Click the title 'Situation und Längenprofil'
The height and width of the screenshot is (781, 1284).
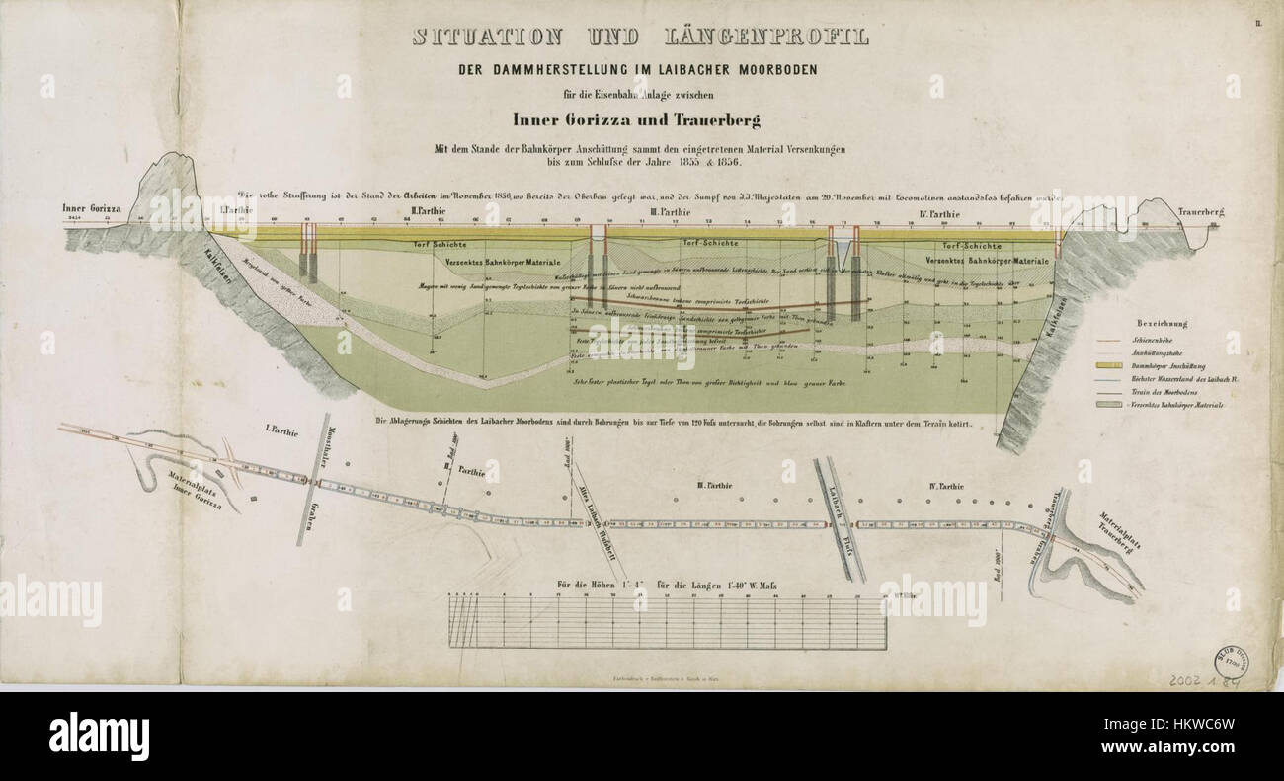click(x=640, y=39)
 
